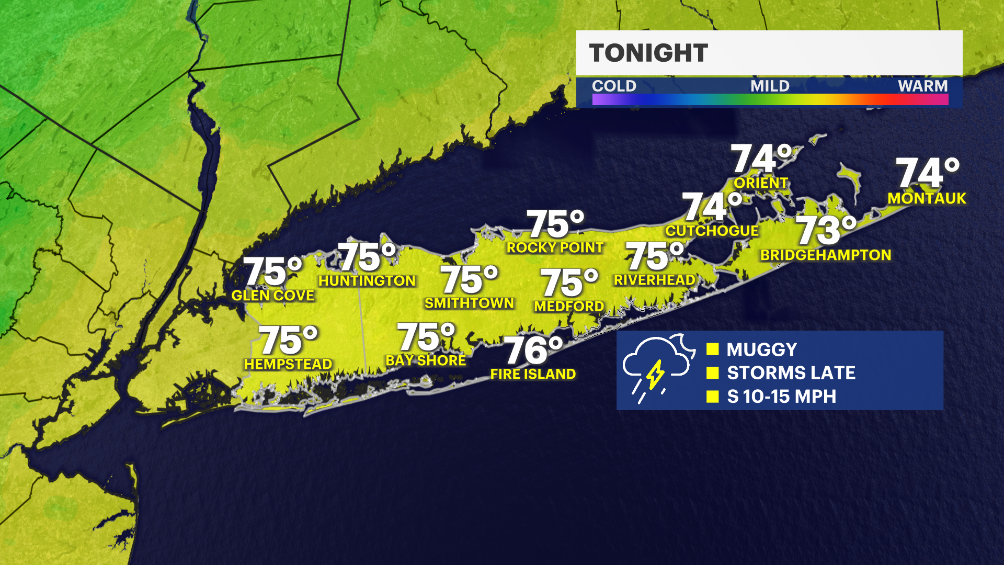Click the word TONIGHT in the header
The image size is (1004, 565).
point(648,53)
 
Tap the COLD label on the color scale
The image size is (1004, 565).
point(614,86)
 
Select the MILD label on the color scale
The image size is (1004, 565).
point(770,86)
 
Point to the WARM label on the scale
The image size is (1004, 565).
point(922,86)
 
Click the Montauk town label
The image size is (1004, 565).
point(927,199)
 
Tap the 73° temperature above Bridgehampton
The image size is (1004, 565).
point(826,231)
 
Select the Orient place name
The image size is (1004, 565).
point(761,183)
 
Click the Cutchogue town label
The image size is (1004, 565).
point(712,231)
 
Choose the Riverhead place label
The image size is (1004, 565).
point(654,280)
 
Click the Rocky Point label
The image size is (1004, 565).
point(555,248)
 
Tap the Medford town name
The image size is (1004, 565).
point(569,307)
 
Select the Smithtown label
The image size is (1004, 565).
point(469,303)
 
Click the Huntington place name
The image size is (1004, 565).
point(367,281)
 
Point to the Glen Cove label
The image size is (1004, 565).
point(272,296)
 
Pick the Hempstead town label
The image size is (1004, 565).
point(288,364)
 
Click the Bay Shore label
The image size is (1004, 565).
point(426,361)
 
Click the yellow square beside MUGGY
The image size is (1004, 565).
point(712,349)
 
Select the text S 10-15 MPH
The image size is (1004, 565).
point(781,397)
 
